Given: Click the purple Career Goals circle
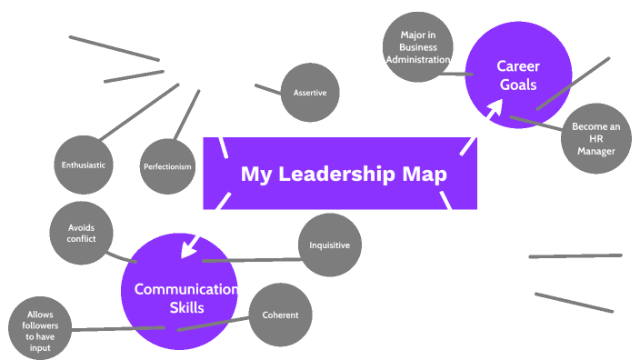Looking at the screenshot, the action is (518, 75).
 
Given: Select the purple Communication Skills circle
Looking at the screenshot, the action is (179, 291).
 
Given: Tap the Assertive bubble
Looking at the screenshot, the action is (309, 93).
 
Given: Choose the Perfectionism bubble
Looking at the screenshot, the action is (168, 166).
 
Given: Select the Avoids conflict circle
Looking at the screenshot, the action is (80, 234).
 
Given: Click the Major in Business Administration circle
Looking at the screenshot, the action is (418, 47).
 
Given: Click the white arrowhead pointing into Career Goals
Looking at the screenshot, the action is (495, 107).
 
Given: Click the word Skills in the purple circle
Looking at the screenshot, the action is (186, 307).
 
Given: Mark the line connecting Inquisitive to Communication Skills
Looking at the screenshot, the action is (255, 260).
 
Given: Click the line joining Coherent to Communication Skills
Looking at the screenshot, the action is (214, 323).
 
